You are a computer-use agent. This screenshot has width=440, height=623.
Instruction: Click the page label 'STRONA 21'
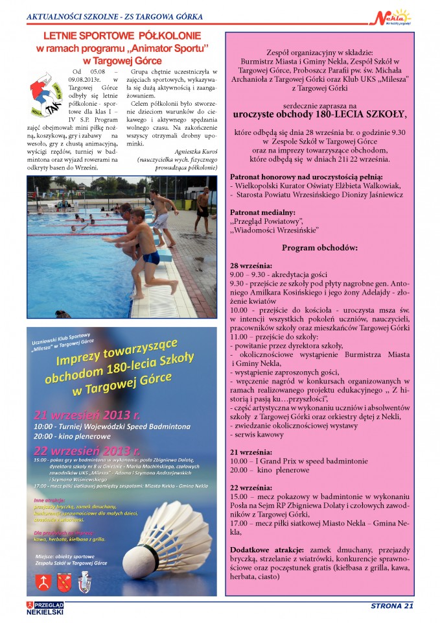coord(391,606)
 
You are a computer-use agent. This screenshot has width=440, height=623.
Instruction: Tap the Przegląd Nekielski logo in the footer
coord(45,607)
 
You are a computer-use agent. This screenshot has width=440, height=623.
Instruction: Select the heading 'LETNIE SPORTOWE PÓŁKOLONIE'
coord(122,36)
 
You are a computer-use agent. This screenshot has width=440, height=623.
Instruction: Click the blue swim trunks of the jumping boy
coord(151,258)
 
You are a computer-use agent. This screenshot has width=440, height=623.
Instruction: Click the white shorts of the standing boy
coord(161,221)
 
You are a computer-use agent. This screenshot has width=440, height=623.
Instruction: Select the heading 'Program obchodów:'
coord(320,248)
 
